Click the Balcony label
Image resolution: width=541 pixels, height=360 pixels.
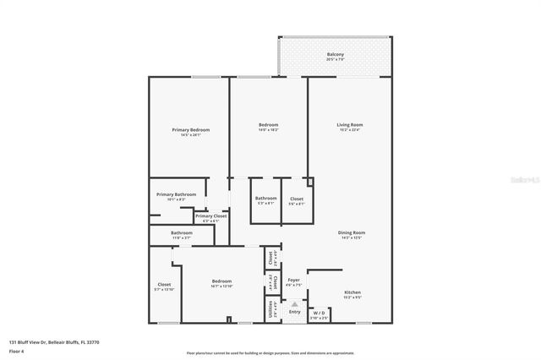coord(336,55)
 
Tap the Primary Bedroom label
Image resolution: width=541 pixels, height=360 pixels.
coord(190,129)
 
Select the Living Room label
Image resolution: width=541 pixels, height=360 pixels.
coord(349,125)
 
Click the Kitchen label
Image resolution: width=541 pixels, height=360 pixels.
coord(352,292)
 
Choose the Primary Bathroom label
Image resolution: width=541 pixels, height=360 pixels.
coord(176,194)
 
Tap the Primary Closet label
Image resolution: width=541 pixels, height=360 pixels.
coord(210,216)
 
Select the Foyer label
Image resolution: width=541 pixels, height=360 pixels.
coord(293,280)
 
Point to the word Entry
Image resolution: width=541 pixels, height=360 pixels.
coord(294,312)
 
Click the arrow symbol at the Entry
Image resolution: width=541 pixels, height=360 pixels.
coord(294,303)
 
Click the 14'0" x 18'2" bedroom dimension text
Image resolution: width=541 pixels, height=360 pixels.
coord(268,130)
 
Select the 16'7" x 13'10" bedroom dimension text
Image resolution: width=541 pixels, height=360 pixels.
coord(221,286)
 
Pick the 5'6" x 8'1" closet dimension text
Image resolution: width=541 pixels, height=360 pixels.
coord(296,204)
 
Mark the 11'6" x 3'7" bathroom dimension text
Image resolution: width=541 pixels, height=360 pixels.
coord(182,238)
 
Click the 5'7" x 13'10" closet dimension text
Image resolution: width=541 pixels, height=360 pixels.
coord(165,290)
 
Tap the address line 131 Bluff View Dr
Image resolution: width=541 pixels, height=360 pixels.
coord(54,342)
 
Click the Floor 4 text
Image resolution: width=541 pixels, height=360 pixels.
coord(17,351)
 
